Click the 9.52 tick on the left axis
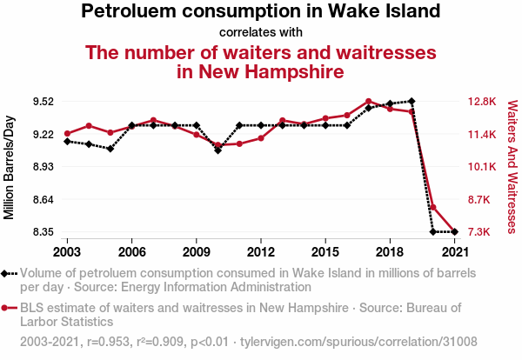(x=42, y=101)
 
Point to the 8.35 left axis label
(x=42, y=232)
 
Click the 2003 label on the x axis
(x=67, y=251)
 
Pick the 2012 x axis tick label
(x=260, y=251)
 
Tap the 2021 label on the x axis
(x=454, y=251)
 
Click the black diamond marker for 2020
(x=432, y=232)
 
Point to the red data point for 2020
(x=432, y=207)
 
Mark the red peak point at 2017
(x=368, y=101)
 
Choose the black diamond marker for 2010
(x=217, y=150)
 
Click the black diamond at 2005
(x=110, y=149)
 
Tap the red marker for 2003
(x=67, y=133)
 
